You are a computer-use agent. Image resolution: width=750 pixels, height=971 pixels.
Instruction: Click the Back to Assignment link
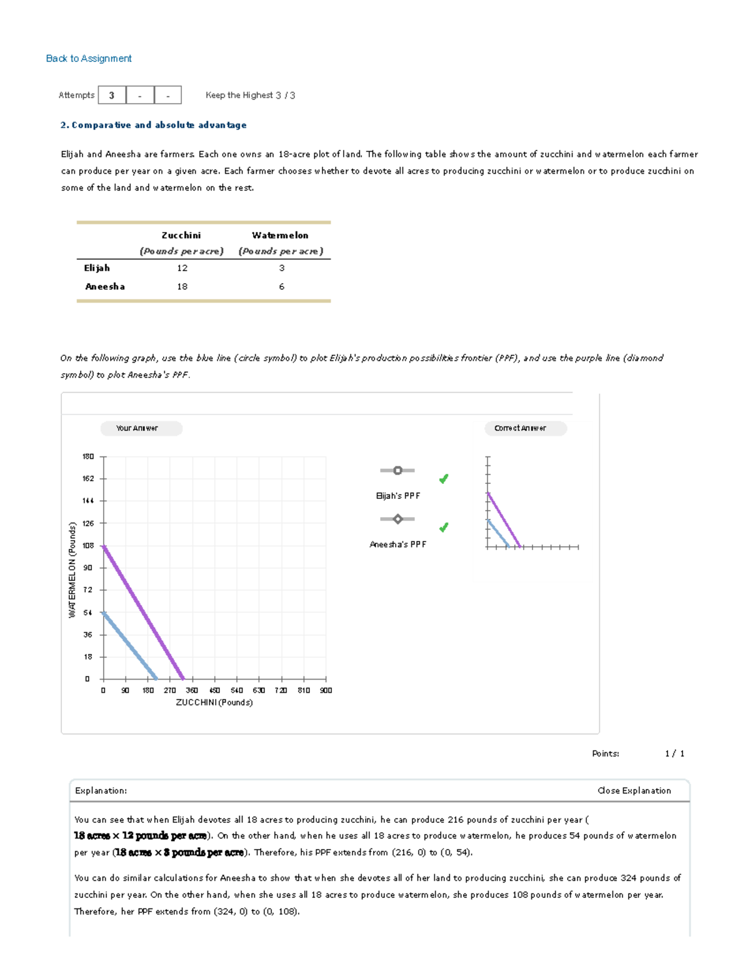point(89,58)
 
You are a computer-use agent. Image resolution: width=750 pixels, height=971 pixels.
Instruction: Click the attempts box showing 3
point(112,95)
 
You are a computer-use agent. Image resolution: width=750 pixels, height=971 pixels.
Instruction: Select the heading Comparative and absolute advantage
point(153,125)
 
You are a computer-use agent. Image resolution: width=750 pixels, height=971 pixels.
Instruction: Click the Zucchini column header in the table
point(181,235)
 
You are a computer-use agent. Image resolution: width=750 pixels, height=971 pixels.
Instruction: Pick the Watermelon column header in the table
point(280,235)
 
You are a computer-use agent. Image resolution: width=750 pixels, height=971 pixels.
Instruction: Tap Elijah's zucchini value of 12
point(182,268)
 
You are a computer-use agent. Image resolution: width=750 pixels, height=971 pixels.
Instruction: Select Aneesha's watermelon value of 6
point(281,286)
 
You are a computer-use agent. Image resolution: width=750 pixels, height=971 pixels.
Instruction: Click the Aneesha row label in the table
point(105,286)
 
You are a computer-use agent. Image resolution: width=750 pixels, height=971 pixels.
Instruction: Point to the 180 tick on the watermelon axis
point(88,456)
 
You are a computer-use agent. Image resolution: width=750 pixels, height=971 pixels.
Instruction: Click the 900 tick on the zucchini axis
point(326,690)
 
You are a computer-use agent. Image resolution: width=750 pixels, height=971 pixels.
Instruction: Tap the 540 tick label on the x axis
point(237,690)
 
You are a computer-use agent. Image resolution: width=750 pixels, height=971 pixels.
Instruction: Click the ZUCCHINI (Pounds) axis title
point(214,702)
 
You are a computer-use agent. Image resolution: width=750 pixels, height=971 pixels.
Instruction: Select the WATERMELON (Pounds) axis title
point(72,570)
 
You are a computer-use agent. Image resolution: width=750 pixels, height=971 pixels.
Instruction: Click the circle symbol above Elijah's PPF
point(397,470)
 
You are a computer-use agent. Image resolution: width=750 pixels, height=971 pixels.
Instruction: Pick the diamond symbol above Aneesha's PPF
point(397,519)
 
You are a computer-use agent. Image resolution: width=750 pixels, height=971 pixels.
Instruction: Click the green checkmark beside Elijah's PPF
point(444,479)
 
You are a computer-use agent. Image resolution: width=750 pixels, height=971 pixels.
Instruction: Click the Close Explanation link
point(634,790)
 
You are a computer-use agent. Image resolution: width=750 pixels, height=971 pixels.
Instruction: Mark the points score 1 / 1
point(674,753)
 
